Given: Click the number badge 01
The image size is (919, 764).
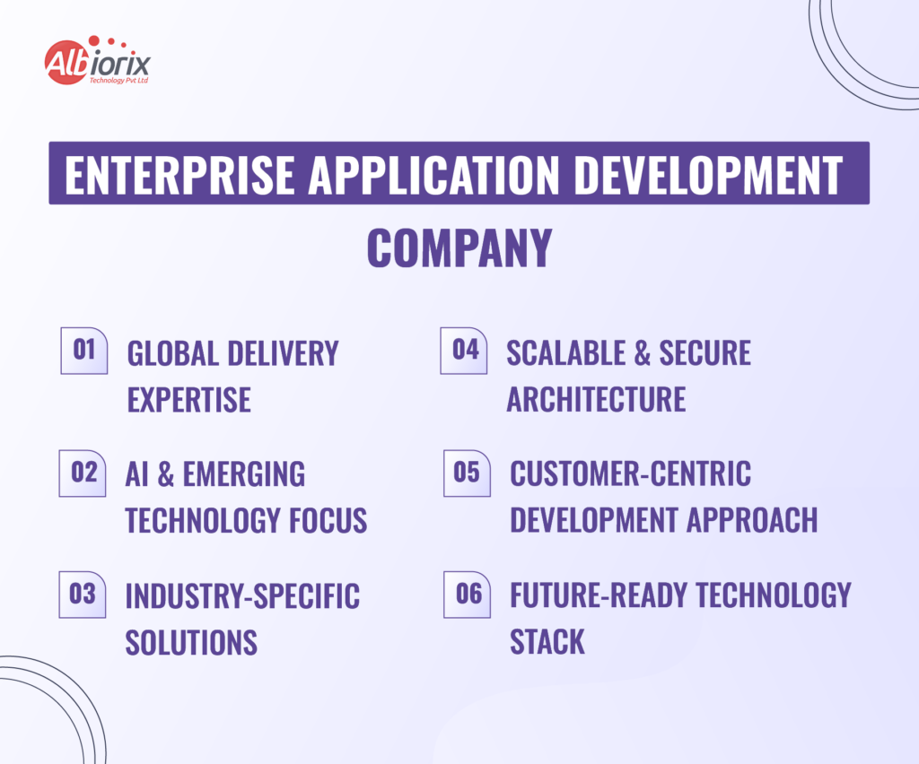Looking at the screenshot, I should (x=84, y=350).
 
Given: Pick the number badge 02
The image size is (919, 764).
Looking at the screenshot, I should (x=83, y=472).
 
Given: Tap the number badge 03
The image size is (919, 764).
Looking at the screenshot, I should (x=83, y=594).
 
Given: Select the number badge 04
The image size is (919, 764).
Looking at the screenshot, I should (x=465, y=350).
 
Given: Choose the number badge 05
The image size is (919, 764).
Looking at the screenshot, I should (x=467, y=472).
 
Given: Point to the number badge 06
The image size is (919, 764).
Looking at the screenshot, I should (x=468, y=594).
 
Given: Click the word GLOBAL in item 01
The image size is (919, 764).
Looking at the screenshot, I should (x=171, y=353).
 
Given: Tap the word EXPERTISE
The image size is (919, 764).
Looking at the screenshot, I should (x=188, y=400).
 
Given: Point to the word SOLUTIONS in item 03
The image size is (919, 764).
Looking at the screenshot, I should (x=191, y=642).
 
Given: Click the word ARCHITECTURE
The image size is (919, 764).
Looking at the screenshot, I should (x=596, y=400).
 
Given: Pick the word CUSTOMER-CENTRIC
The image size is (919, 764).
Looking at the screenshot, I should (x=630, y=473).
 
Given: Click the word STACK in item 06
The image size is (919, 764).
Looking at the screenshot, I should (x=547, y=642).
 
